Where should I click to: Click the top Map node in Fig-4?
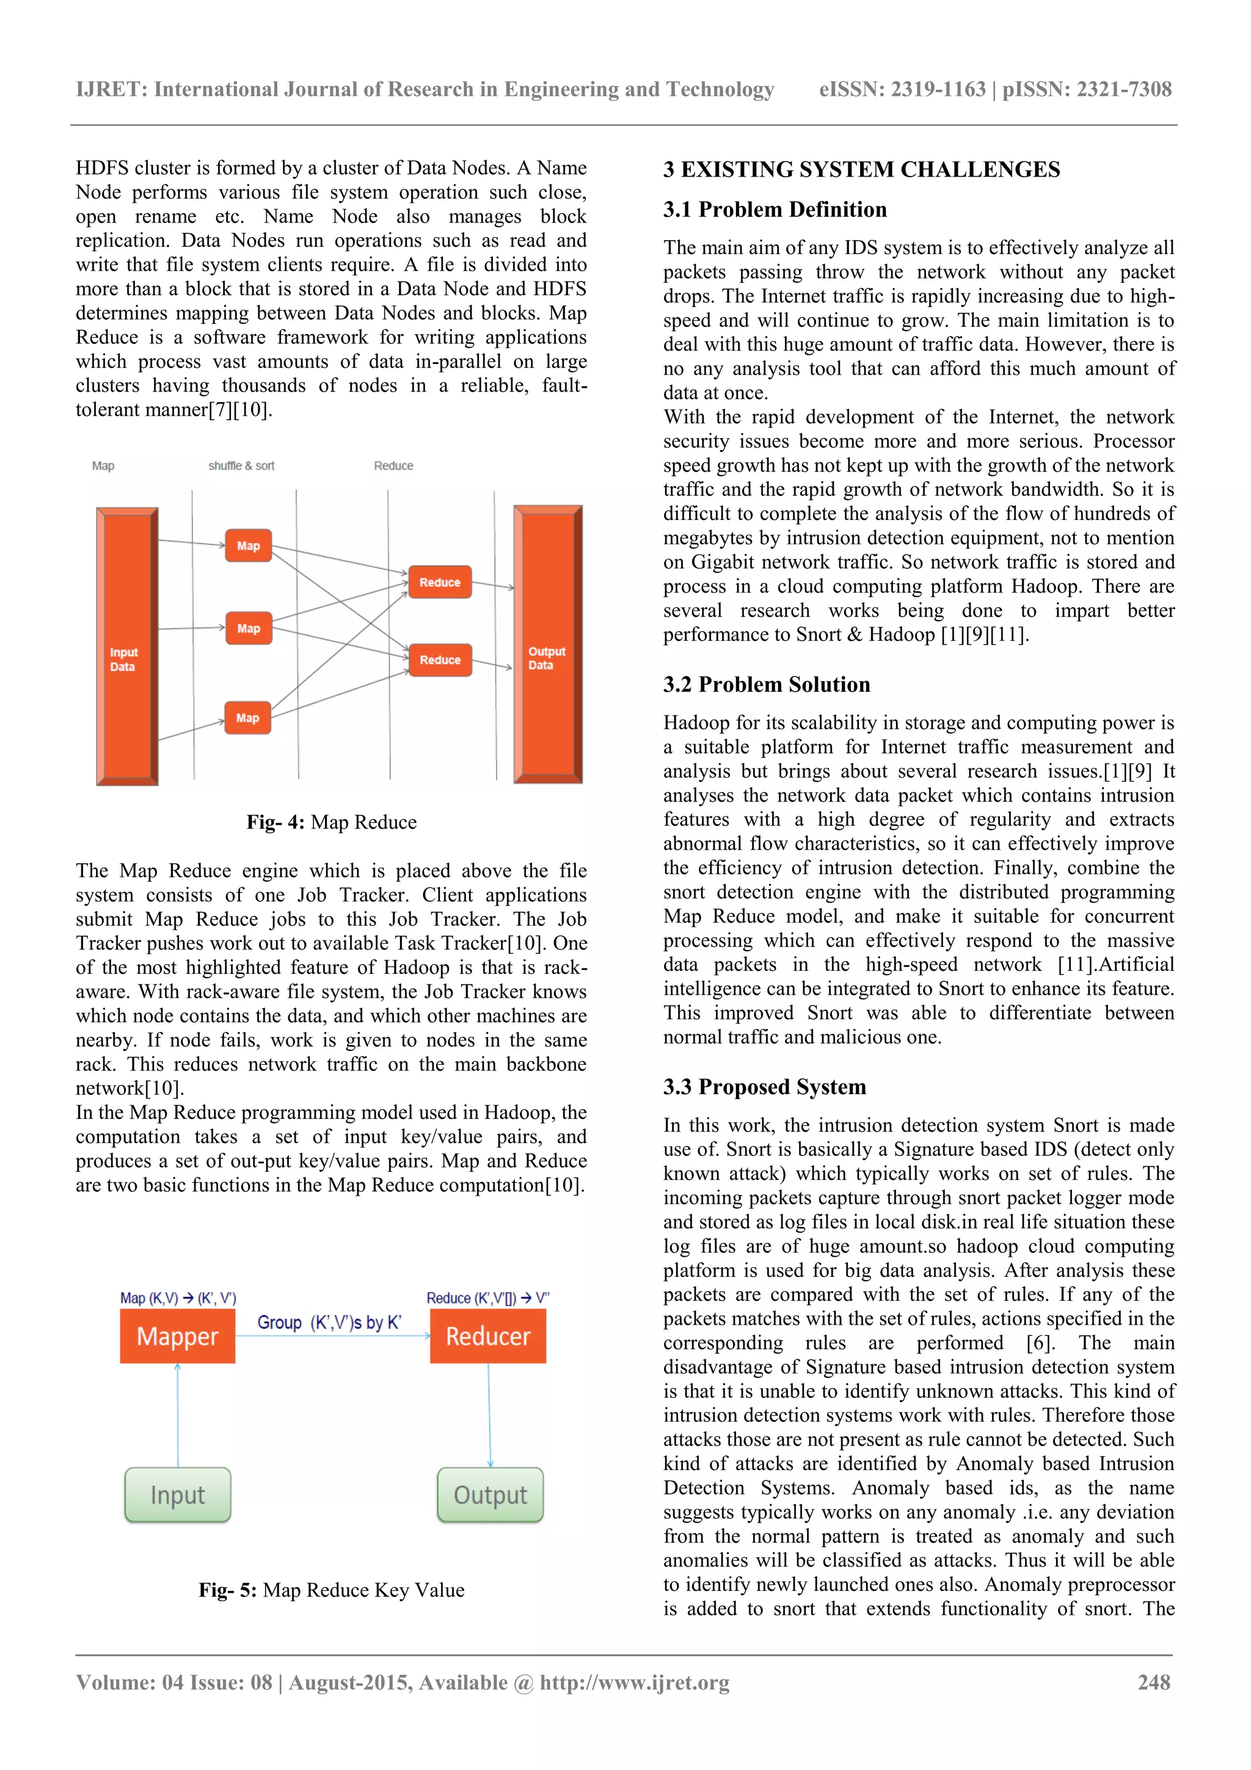tap(248, 546)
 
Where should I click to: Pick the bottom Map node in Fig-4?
tap(247, 718)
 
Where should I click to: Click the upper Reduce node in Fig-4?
tap(439, 583)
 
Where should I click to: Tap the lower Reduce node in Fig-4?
tap(439, 660)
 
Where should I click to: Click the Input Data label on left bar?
tap(123, 659)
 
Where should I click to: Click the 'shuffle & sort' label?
tap(241, 466)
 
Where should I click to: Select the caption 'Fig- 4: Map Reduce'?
tap(332, 822)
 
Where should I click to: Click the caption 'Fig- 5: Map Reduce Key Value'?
tap(332, 1590)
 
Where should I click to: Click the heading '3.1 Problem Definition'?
tap(775, 210)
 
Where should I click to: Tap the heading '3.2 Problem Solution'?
tap(766, 684)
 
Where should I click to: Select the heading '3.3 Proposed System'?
tap(765, 1087)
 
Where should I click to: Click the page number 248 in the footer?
tap(1154, 1682)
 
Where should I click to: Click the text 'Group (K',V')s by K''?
tap(329, 1323)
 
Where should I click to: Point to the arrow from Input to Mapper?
tap(178, 1414)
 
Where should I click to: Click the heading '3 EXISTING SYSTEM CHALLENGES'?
tap(861, 170)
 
